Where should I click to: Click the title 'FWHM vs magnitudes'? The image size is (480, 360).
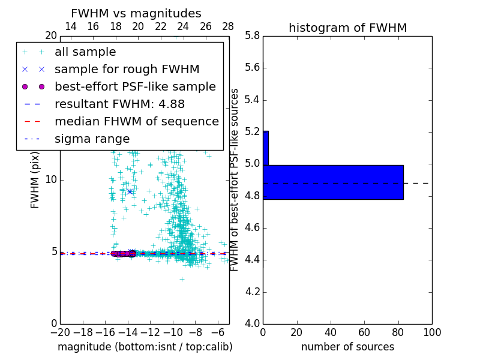coord(136,14)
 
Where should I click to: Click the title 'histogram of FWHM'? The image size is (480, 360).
coord(347,28)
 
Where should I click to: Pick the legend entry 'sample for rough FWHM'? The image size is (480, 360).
coord(127,69)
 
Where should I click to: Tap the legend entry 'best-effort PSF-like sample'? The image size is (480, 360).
coord(135,86)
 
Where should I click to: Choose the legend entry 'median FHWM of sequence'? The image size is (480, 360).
coord(136,121)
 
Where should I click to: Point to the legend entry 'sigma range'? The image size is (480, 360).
coord(92,139)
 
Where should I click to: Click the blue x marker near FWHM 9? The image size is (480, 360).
coord(130,191)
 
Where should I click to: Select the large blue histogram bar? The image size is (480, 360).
coord(333,182)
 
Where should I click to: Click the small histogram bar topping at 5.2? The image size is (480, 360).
coord(265,148)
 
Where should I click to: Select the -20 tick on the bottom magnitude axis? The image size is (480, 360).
coord(60,332)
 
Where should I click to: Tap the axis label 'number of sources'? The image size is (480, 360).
coord(347,347)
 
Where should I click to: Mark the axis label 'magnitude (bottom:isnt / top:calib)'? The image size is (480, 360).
coord(145,347)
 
